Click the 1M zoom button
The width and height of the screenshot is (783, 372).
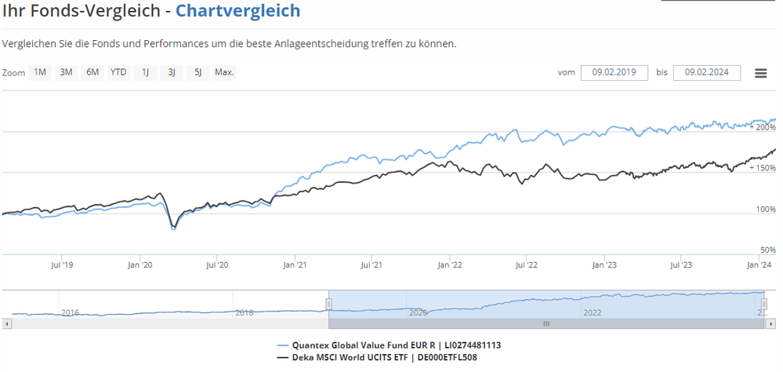coord(39,73)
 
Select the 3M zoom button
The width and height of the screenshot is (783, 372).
coord(66,73)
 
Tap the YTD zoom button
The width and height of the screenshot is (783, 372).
coord(118,73)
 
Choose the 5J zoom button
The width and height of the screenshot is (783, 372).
coord(198,73)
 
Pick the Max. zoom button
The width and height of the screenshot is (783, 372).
coord(225,73)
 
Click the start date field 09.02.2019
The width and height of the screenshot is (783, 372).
coord(614,73)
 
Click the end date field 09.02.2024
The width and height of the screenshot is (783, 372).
coord(706,73)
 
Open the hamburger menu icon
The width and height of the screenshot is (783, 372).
coord(760,73)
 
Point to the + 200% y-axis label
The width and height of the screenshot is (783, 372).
coord(763,126)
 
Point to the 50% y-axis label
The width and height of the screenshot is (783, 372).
coord(768,250)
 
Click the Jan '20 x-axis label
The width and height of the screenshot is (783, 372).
coord(140,265)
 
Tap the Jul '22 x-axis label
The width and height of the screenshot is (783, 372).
coord(527,265)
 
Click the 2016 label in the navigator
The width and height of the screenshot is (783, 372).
coord(71,312)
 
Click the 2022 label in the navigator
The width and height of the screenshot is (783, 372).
coord(592,312)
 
